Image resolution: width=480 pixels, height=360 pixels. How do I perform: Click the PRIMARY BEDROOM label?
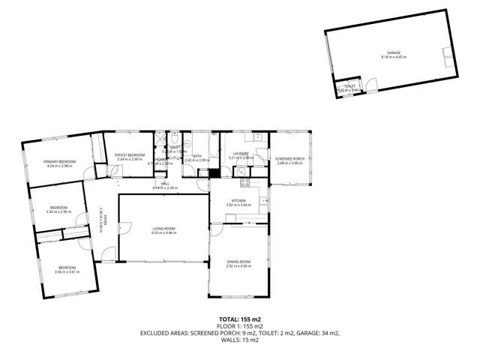(59, 162)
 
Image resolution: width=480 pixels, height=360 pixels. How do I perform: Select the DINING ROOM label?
(238, 261)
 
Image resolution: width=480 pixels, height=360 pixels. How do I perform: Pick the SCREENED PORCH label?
(289, 158)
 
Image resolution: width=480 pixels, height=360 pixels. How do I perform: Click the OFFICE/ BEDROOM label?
(130, 155)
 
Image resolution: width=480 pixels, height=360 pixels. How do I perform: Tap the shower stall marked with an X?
(159, 139)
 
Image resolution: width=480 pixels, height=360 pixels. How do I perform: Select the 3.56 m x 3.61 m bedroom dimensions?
(66, 272)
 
